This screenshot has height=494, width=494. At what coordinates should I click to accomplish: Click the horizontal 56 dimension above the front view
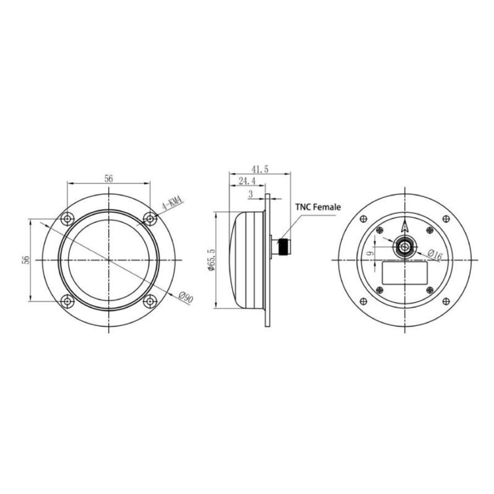(x=109, y=179)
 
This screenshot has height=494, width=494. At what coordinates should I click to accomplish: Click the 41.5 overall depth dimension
(x=259, y=169)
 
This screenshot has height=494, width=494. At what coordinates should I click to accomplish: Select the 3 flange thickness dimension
(x=250, y=195)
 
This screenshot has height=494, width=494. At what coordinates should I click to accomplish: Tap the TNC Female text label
(x=318, y=207)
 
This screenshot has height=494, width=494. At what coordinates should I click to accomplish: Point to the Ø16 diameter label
(x=434, y=255)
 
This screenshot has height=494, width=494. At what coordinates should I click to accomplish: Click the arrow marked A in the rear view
(x=405, y=226)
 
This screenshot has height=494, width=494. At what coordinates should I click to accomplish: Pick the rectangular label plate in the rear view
(x=405, y=274)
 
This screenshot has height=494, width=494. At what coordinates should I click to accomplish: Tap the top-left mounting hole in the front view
(x=67, y=218)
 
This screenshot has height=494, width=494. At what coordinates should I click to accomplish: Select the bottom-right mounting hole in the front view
(x=150, y=301)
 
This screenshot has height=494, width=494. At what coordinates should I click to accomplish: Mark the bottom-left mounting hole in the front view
(x=67, y=301)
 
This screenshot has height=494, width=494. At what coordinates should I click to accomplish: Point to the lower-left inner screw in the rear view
(x=379, y=290)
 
